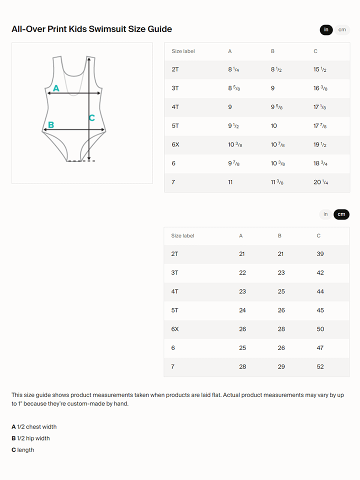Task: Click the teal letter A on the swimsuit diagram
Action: tap(56, 88)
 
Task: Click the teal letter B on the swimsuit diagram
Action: tap(51, 125)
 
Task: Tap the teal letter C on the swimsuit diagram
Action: tap(91, 118)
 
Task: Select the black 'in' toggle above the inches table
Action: tap(326, 30)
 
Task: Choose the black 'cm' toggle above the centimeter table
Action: tap(341, 214)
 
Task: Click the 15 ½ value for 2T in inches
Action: tap(320, 69)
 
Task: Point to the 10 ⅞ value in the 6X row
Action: tap(277, 144)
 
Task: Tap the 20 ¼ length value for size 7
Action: tap(320, 182)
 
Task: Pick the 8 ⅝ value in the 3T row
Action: tap(233, 88)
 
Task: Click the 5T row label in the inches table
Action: tap(175, 126)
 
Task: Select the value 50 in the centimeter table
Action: tap(320, 329)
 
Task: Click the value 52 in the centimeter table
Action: tap(320, 366)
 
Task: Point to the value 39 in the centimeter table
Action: tap(320, 254)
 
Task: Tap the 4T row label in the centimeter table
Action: tap(174, 291)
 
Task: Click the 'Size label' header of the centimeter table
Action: tap(182, 235)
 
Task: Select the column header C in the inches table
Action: tap(315, 51)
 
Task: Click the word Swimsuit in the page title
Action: tap(105, 29)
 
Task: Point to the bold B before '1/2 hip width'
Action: tap(13, 438)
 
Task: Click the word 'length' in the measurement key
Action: tap(25, 450)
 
